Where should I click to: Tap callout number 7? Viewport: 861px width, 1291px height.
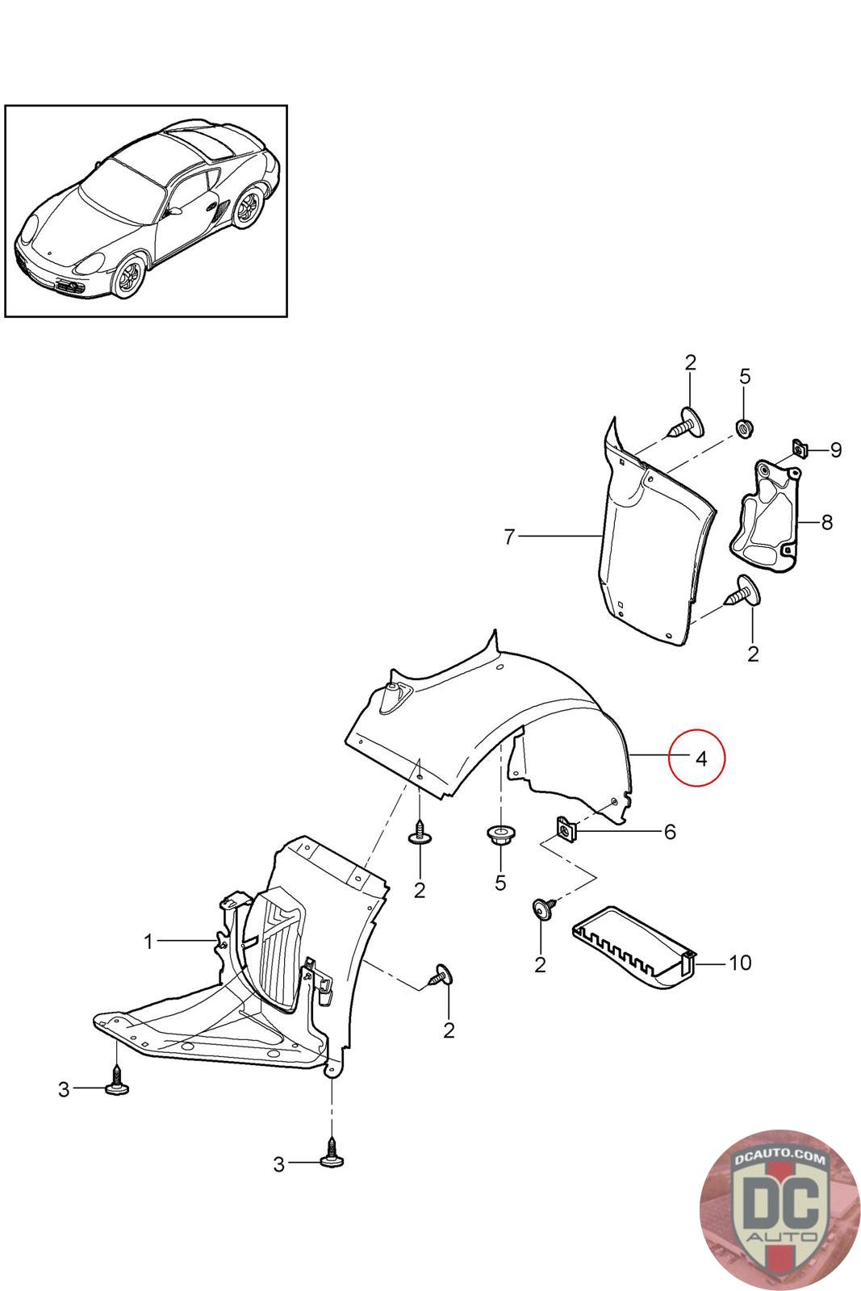pos(509,537)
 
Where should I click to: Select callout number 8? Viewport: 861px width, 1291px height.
pos(826,522)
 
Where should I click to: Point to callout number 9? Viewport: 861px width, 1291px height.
pos(835,449)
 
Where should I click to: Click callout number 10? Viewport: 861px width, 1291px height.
pos(739,962)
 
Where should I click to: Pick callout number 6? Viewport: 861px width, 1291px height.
pos(669,831)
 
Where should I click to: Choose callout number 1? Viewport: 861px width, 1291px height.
pos(148,941)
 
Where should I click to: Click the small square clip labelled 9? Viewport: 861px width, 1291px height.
pos(800,448)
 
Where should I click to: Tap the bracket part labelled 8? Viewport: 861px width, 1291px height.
pos(764,516)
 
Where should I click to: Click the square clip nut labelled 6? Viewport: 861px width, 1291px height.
pos(566,829)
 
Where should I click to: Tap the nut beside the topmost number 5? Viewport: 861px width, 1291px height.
pos(742,426)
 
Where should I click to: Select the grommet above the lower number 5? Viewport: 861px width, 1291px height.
pos(499,835)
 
